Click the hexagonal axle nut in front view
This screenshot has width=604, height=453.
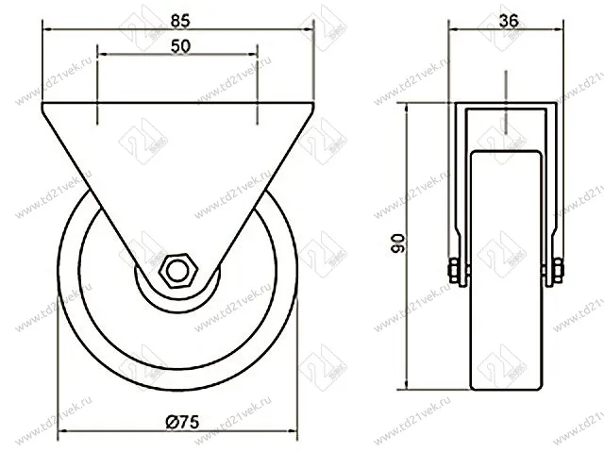176,271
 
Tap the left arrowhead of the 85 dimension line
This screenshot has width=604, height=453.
46,29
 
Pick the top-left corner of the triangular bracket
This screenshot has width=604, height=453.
44,108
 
